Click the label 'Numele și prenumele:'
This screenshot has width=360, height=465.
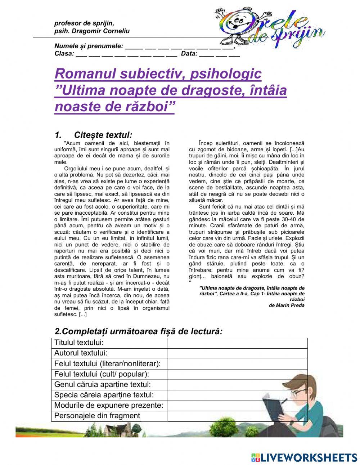[x=89, y=46]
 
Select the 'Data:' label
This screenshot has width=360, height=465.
[x=189, y=54]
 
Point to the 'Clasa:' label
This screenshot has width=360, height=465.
[x=64, y=54]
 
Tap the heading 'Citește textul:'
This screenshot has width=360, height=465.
[x=103, y=135]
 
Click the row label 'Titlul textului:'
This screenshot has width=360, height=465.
[x=79, y=343]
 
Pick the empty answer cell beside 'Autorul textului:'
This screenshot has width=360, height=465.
[x=237, y=353]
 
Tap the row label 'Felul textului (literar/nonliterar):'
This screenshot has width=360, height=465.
[x=107, y=364]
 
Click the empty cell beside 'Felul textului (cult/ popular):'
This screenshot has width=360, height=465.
[x=237, y=374]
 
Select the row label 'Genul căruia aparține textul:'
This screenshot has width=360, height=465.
[x=102, y=385]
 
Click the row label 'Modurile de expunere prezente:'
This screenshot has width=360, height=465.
[x=109, y=406]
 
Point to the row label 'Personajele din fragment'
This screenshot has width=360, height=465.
[x=97, y=416]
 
